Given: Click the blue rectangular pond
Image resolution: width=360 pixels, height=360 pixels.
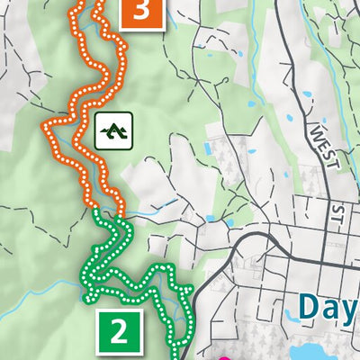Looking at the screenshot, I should point(211,147).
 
